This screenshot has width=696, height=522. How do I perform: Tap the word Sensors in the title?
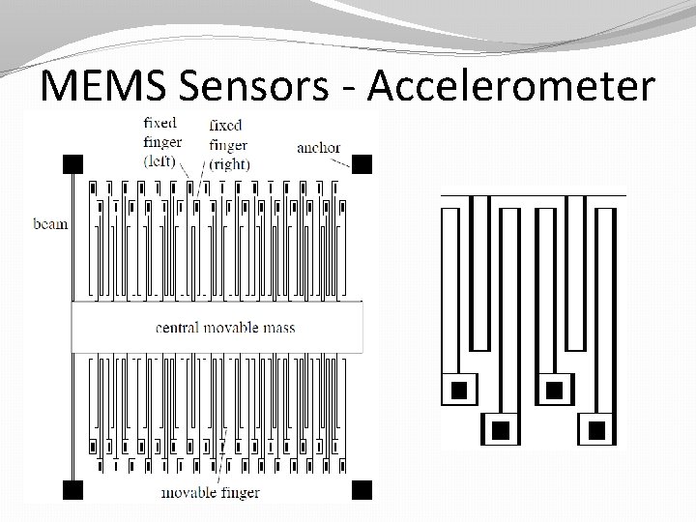tap(257, 87)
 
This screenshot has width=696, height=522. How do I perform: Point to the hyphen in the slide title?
tap(353, 89)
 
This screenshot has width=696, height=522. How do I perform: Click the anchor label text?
tap(318, 148)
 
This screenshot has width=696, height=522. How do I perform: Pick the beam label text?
tap(50, 224)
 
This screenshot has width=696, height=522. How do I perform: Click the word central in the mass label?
tap(178, 327)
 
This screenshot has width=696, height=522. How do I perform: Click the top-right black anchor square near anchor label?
tap(362, 162)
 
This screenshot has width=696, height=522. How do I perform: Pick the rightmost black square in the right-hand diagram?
tap(596, 428)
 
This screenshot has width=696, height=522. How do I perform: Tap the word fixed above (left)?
tap(159, 123)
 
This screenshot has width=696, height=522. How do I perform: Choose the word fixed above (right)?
tap(225, 125)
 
